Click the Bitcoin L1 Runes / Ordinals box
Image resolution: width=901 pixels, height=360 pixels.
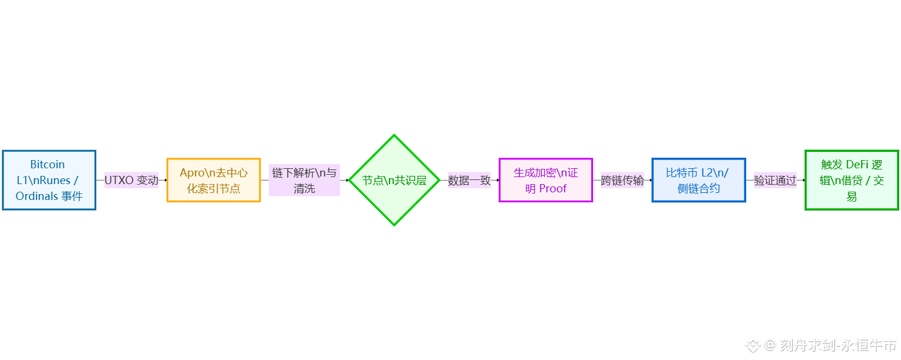point(49,180)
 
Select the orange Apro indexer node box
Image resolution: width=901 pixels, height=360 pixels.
point(214,180)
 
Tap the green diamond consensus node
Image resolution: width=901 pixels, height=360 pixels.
point(394,180)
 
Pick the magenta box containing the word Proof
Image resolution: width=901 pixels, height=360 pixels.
point(546,180)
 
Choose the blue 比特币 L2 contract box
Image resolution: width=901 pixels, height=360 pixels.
point(698,180)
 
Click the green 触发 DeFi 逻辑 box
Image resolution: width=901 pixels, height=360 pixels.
point(851,180)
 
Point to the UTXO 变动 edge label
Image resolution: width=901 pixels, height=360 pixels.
point(131,181)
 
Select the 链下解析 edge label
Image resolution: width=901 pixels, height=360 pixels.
point(304,181)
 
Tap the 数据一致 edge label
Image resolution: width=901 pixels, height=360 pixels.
point(469,181)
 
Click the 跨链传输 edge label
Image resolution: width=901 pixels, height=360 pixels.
point(622,181)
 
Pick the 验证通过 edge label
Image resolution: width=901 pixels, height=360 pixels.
point(775,181)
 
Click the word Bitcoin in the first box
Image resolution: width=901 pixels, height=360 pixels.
point(48,165)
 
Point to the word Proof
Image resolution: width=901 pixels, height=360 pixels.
point(553,188)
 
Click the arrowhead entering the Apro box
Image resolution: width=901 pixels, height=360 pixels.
point(165,180)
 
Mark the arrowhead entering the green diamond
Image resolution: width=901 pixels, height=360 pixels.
point(347,180)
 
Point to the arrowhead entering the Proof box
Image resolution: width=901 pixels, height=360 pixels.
point(497,180)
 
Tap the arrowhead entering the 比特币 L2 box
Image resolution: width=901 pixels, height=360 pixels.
point(650,180)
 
